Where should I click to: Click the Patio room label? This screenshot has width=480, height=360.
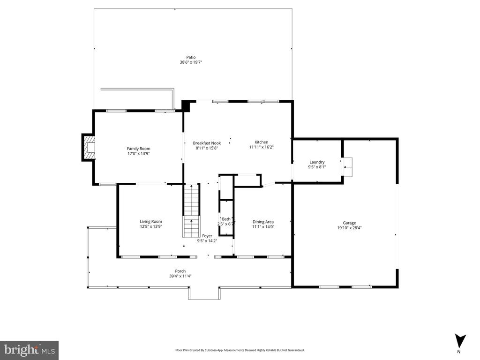tap(191, 57)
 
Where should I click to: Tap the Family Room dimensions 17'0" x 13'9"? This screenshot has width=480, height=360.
tap(138, 154)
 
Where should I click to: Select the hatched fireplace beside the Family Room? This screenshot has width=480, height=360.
tap(89, 147)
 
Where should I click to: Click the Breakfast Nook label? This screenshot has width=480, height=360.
tap(207, 143)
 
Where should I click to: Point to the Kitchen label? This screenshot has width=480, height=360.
tap(262, 142)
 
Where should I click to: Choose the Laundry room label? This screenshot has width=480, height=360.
tap(317, 162)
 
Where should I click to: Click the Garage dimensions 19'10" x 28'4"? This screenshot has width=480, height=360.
tap(349, 228)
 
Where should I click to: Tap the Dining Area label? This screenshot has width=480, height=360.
tap(263, 222)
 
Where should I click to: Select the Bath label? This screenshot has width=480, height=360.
tap(226, 219)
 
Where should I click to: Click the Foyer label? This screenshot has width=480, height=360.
tap(207, 236)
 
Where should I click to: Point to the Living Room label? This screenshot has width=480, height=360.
tap(151, 222)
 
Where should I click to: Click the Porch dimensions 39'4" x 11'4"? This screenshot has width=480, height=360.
tap(180, 276)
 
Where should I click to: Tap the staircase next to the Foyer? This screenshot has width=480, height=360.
tap(192, 210)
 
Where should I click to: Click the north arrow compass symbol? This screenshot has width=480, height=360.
tap(459, 341)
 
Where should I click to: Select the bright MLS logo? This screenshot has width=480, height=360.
tap(29, 350)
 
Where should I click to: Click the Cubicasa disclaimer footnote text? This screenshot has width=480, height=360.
tap(240, 350)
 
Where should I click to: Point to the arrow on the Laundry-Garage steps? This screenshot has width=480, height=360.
tap(347, 167)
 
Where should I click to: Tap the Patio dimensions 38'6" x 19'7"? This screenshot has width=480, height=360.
tap(191, 62)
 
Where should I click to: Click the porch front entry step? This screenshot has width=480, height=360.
tap(204, 293)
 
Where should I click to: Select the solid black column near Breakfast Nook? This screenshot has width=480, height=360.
tap(186, 105)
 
